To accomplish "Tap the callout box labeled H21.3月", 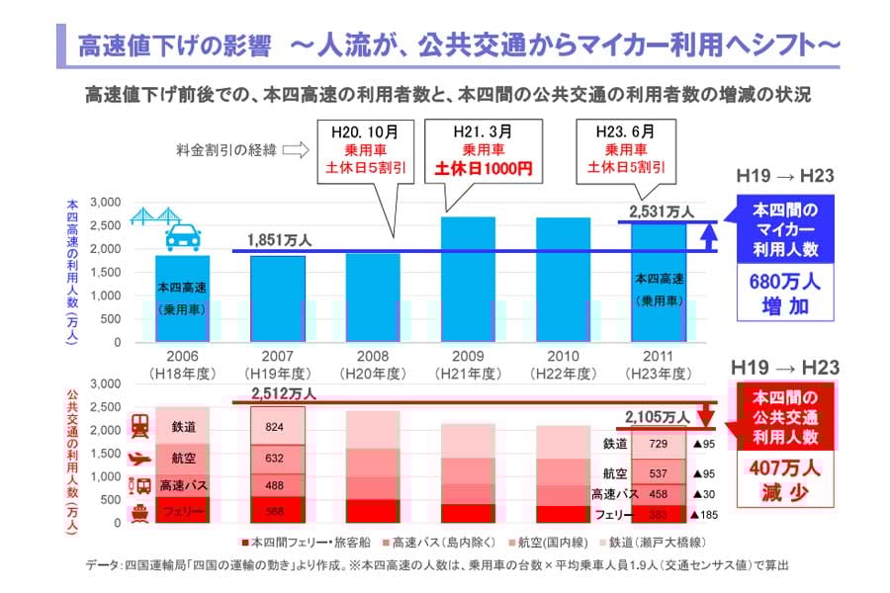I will [484, 149].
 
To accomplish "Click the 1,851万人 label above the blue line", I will [280, 239].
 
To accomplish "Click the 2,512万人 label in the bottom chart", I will [283, 393].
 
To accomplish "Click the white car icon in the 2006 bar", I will [183, 237].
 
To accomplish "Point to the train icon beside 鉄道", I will [140, 426].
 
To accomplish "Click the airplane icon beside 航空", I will [140, 458].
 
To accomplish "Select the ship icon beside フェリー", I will [140, 513].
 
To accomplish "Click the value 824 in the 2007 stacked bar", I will [277, 427].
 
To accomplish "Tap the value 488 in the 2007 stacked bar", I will [277, 485].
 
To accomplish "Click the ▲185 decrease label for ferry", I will [705, 515].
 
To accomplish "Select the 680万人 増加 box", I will [785, 294].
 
